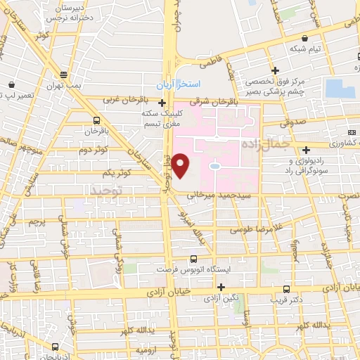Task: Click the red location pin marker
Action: coord(181,165)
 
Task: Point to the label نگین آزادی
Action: coord(210,299)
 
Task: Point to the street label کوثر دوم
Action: coord(93,150)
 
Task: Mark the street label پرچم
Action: coord(34,221)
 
